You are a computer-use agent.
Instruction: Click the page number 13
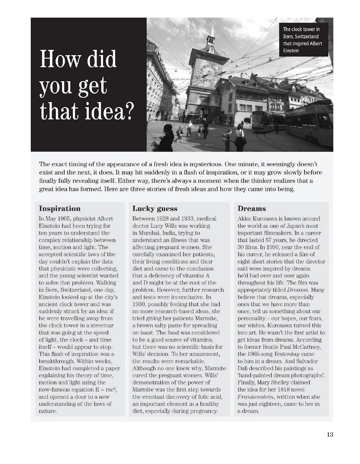pos(330,434)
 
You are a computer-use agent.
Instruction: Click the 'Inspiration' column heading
pos(59,209)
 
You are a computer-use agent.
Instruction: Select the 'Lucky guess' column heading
pos(155,209)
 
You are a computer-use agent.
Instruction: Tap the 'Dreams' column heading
pos(252,209)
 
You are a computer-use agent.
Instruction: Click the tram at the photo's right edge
pos(313,126)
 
